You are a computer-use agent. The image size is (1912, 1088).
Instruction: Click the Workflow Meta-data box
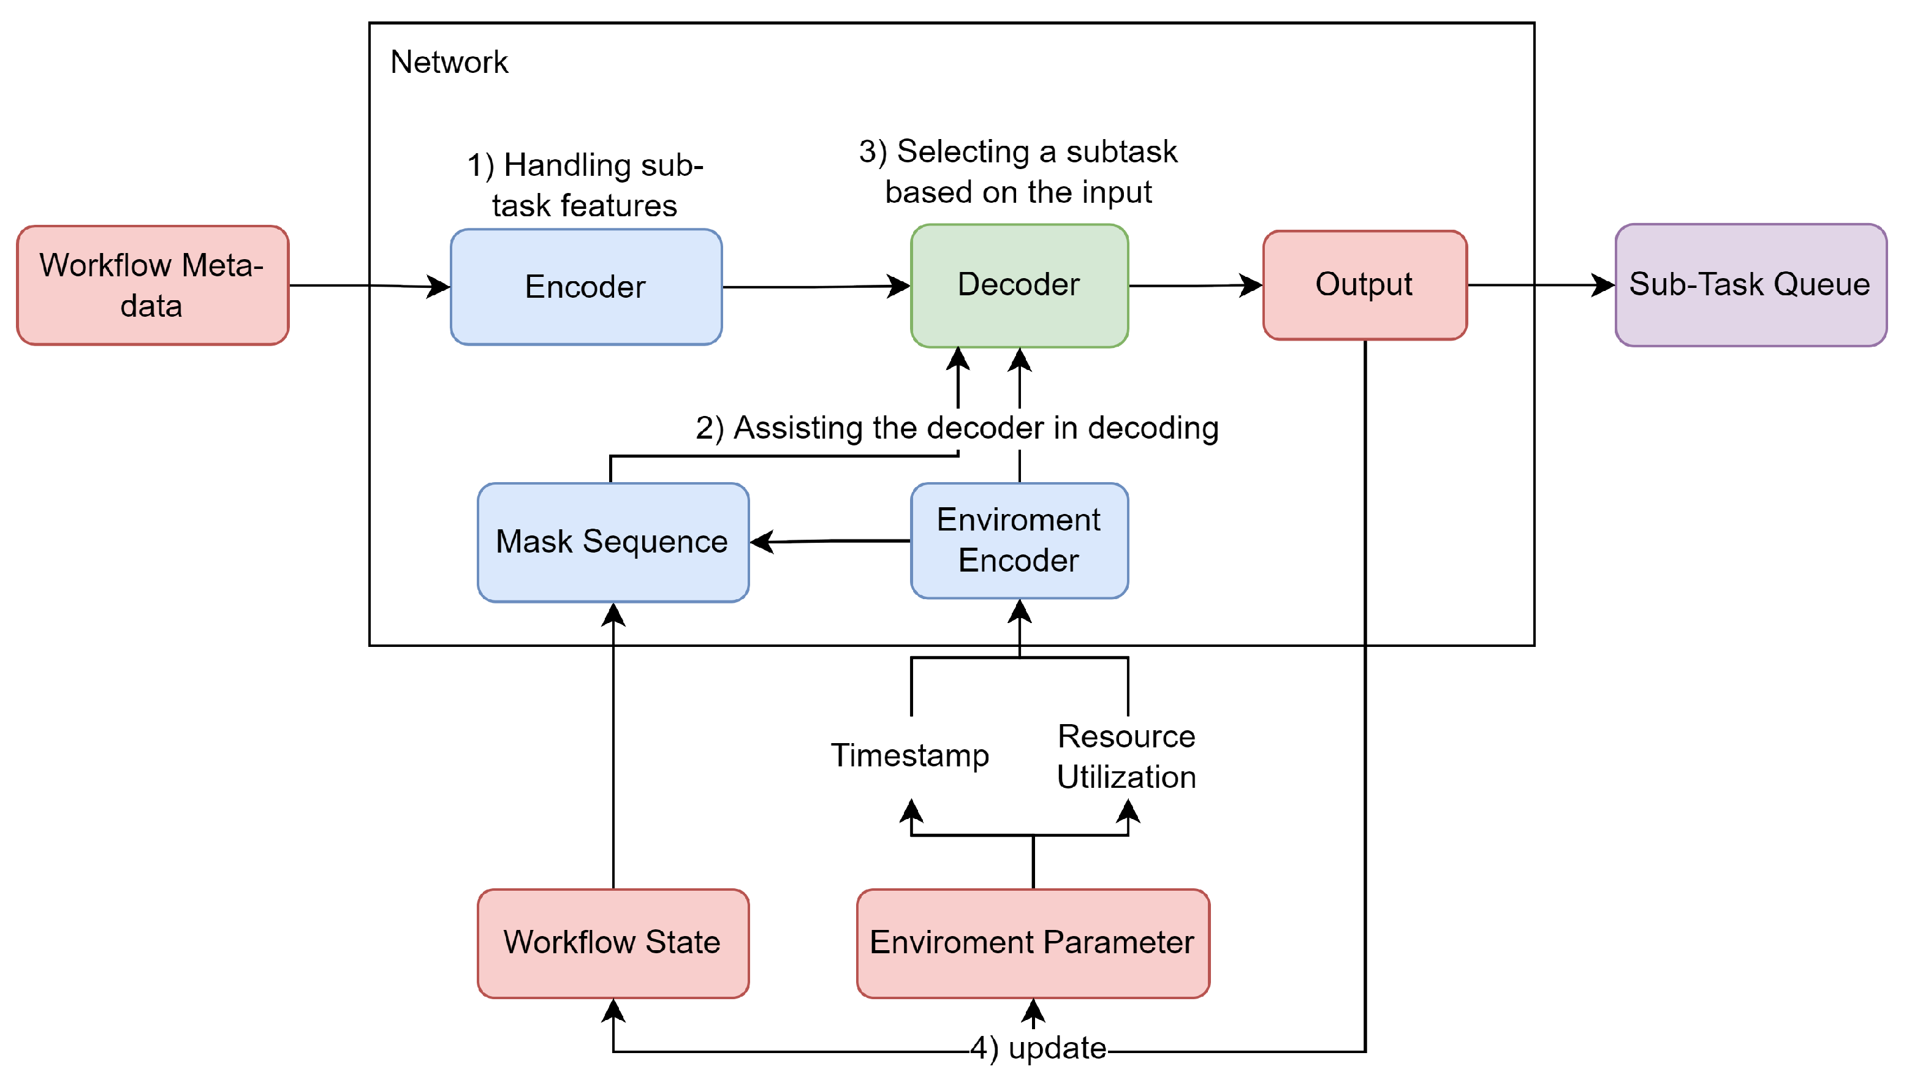pyautogui.click(x=153, y=285)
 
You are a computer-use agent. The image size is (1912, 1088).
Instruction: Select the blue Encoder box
pyautogui.click(x=586, y=287)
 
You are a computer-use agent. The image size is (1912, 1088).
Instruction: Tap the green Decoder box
pyautogui.click(x=1019, y=285)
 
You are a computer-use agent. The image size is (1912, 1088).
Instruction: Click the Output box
pyautogui.click(x=1364, y=285)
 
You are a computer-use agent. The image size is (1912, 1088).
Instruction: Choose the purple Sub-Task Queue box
pyautogui.click(x=1750, y=285)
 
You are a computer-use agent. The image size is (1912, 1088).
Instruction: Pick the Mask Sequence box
pyautogui.click(x=612, y=542)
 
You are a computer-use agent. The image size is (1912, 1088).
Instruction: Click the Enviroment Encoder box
pyautogui.click(x=1019, y=540)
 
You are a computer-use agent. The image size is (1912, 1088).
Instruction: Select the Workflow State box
pyautogui.click(x=612, y=942)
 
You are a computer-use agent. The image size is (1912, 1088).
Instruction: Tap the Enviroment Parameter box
pyautogui.click(x=1032, y=942)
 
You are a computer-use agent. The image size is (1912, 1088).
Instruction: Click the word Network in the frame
pyautogui.click(x=449, y=62)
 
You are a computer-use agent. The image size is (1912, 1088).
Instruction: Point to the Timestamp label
pyautogui.click(x=909, y=755)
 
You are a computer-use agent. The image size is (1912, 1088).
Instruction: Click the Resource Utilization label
pyautogui.click(x=1126, y=757)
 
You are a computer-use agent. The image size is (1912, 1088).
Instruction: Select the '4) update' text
pyautogui.click(x=1038, y=1048)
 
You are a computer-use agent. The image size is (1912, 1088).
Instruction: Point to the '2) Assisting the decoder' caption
pyautogui.click(x=957, y=428)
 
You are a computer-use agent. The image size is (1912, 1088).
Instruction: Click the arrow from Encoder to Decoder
pyautogui.click(x=814, y=286)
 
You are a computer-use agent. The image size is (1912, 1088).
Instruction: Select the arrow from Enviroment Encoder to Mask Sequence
pyautogui.click(x=830, y=540)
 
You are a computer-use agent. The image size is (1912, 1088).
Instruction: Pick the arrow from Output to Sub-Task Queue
pyautogui.click(x=1540, y=285)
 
